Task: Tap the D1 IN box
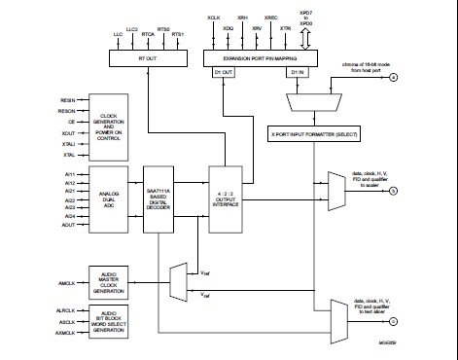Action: click(x=299, y=71)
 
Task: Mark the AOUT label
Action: click(x=68, y=226)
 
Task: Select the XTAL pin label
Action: click(x=68, y=155)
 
